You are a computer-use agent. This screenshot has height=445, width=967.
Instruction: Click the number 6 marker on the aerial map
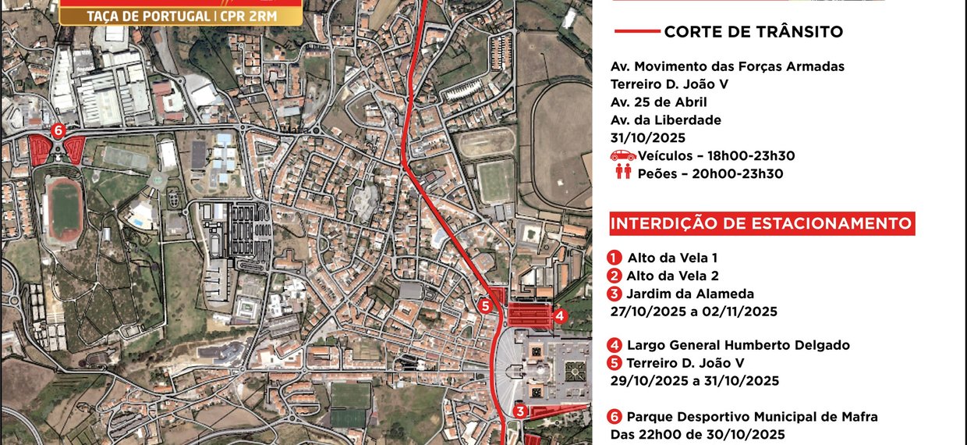[56, 131]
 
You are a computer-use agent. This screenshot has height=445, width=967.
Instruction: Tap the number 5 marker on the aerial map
[485, 306]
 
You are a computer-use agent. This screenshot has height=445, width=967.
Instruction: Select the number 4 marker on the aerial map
[560, 316]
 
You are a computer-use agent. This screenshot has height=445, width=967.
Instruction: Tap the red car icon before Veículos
[623, 156]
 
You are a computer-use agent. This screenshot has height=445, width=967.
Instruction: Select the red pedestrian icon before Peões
[623, 173]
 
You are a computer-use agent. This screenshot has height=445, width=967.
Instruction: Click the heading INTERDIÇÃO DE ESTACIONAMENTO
[761, 224]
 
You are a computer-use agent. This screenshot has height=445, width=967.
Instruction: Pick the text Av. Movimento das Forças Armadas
[728, 66]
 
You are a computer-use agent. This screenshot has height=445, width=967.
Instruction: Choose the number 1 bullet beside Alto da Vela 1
[615, 258]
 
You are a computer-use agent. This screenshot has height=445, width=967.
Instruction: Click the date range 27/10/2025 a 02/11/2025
[694, 311]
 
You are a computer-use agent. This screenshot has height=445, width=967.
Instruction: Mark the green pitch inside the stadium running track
[66, 208]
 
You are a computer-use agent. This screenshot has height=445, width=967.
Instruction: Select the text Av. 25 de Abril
[659, 101]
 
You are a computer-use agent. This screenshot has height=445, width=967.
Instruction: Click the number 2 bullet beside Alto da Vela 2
[615, 276]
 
